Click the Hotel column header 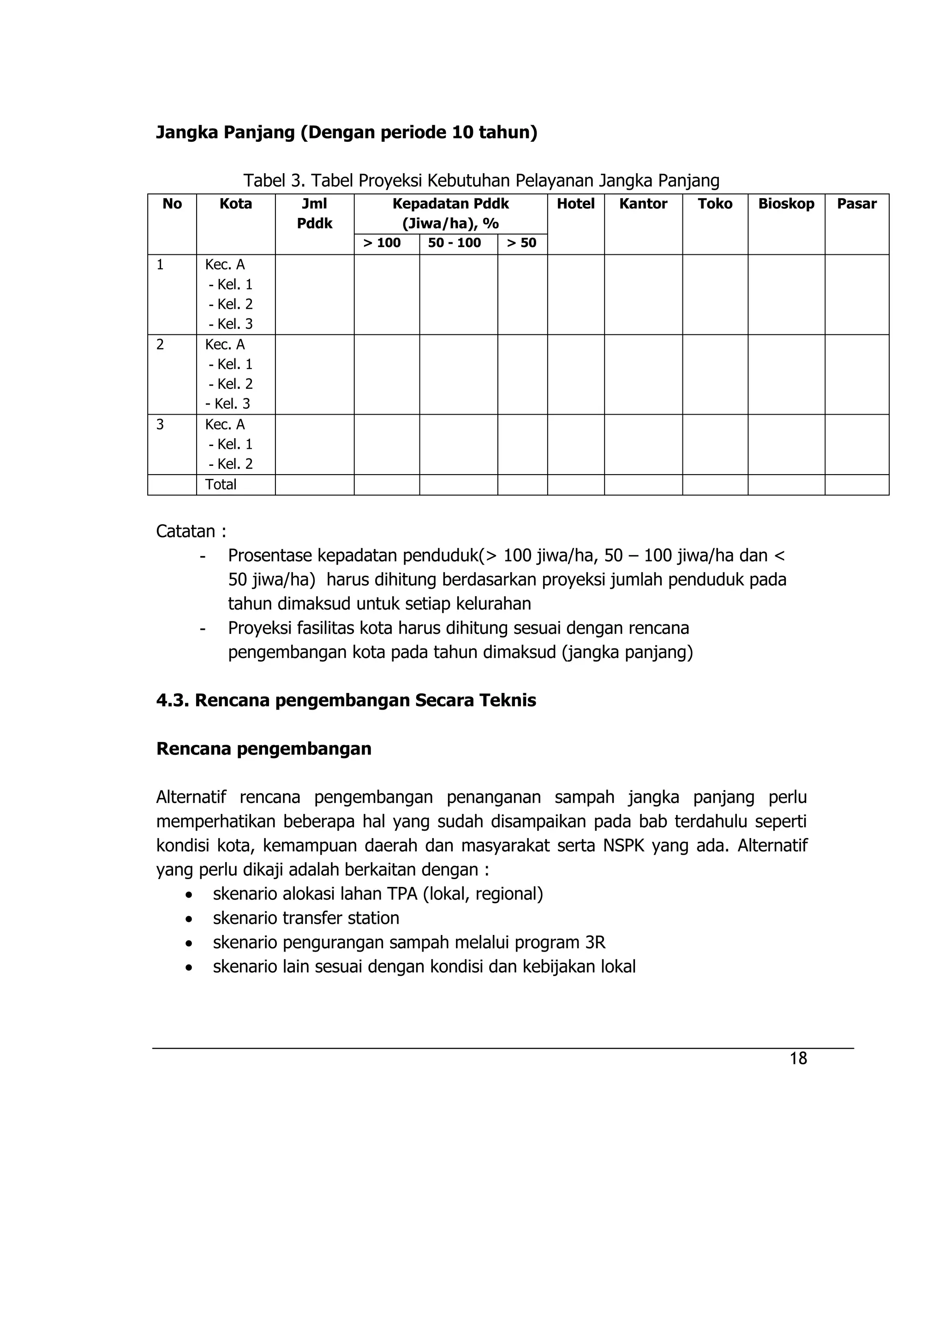pyautogui.click(x=575, y=204)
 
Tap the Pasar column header pyautogui.click(x=856, y=204)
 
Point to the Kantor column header pyautogui.click(x=643, y=204)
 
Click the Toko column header pyautogui.click(x=715, y=204)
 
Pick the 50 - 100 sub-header pyautogui.click(x=454, y=243)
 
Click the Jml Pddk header pyautogui.click(x=314, y=213)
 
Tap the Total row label pyautogui.click(x=221, y=484)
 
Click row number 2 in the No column pyautogui.click(x=160, y=344)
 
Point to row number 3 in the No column pyautogui.click(x=160, y=424)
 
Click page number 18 pyautogui.click(x=798, y=1058)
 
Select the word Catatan pyautogui.click(x=185, y=531)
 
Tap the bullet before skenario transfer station pyautogui.click(x=189, y=918)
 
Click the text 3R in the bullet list pyautogui.click(x=595, y=942)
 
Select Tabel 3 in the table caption pyautogui.click(x=274, y=181)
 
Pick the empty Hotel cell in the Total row pyautogui.click(x=575, y=484)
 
